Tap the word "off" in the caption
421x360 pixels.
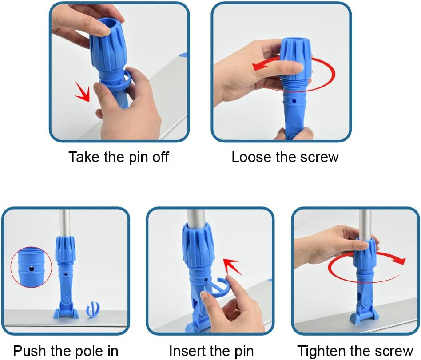coord(161,157)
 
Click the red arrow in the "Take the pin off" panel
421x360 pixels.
coord(83,91)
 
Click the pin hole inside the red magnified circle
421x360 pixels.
coord(32,269)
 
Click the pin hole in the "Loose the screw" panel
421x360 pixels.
coord(294,101)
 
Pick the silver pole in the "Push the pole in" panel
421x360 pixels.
coord(65,223)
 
